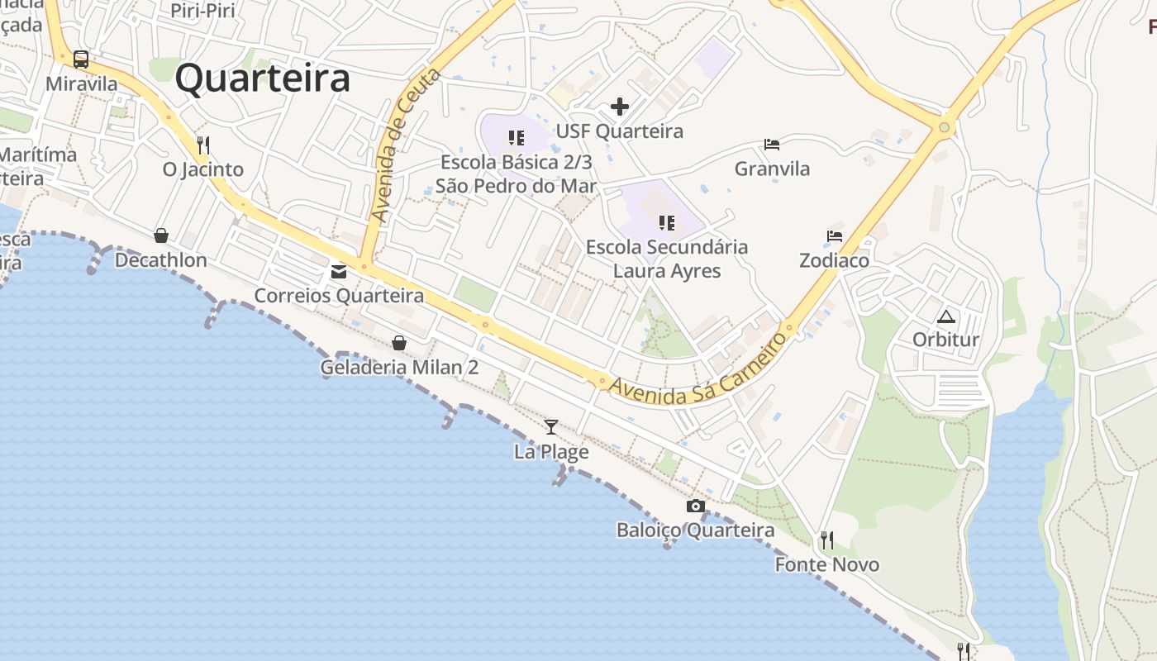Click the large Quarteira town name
[263, 79]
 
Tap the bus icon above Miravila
[81, 59]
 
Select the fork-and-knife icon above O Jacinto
[203, 145]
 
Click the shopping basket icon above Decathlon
[161, 236]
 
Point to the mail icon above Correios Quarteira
[339, 271]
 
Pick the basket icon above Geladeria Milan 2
[399, 343]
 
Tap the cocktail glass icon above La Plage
[551, 427]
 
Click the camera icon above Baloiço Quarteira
[696, 506]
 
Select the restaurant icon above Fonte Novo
[826, 540]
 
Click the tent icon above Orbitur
[945, 316]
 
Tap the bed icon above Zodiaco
[835, 236]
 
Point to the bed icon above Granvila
[772, 145]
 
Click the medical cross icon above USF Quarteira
[620, 107]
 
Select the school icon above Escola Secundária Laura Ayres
[667, 222]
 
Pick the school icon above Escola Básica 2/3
[517, 138]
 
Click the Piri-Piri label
[202, 11]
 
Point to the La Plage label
[551, 452]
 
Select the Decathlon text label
[161, 260]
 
